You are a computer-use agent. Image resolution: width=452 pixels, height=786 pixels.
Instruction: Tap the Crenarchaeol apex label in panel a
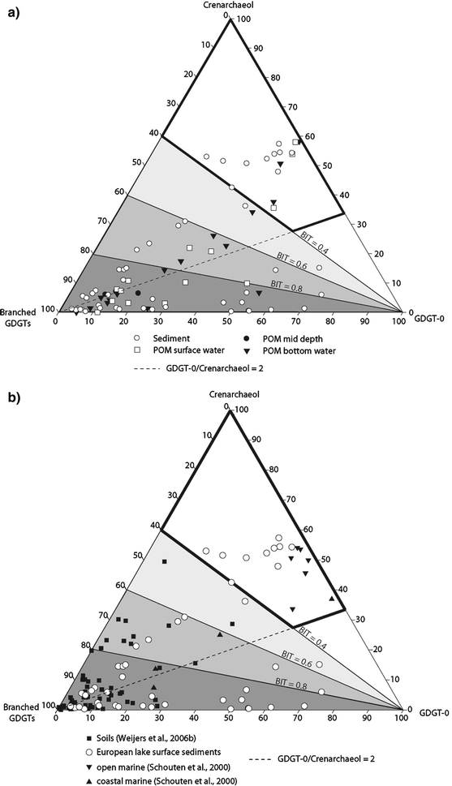(x=231, y=6)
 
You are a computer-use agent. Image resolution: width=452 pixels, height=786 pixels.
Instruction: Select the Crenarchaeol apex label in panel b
(x=231, y=394)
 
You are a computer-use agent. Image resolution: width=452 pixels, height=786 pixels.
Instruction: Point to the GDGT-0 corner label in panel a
(x=427, y=311)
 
